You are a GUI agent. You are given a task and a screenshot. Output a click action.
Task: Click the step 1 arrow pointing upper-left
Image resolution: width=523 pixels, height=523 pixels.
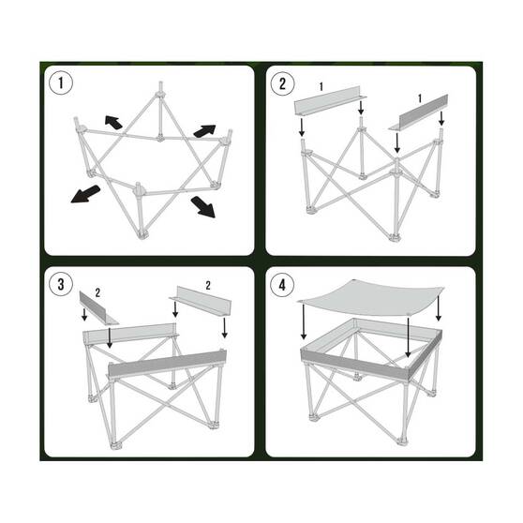[x=113, y=121]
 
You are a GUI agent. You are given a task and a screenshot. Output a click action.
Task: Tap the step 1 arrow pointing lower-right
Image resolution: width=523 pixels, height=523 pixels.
[x=202, y=205]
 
